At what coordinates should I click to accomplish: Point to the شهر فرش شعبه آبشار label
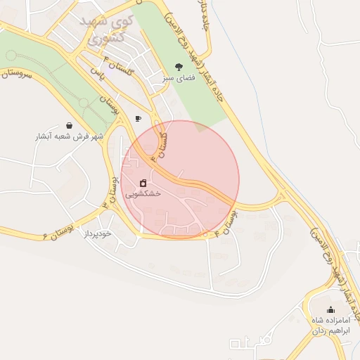(x=69, y=136)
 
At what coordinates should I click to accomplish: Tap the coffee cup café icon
(x=138, y=118)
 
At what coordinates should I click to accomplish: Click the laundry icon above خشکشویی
(x=143, y=182)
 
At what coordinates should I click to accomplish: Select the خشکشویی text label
(x=143, y=193)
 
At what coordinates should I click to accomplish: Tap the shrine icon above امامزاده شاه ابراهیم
(x=330, y=309)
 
